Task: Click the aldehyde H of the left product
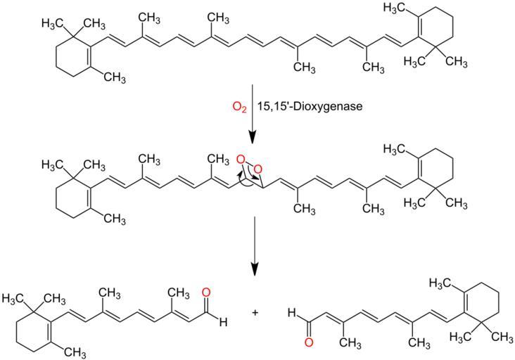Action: [223, 323]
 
